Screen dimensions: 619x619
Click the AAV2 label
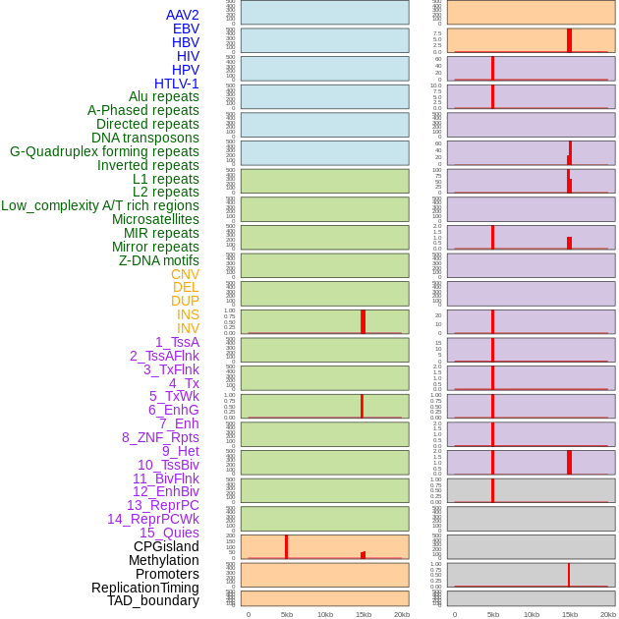[x=182, y=15]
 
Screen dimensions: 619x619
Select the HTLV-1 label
[x=176, y=84]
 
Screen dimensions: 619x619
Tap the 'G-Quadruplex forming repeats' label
[x=104, y=151]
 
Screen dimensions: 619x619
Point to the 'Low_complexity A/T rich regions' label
[x=99, y=205]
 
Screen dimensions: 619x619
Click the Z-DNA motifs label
[x=158, y=260]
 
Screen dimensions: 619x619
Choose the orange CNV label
[x=185, y=274]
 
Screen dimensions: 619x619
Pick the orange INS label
[x=188, y=314]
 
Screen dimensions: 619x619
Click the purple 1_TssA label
[x=177, y=342]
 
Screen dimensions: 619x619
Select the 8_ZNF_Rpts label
[x=160, y=437]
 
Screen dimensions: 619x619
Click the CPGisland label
[x=166, y=546]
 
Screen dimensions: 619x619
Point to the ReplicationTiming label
[x=144, y=588]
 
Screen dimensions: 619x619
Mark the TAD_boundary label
[x=152, y=600]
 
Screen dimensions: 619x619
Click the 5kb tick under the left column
[x=287, y=614]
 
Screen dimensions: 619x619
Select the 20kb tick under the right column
[x=607, y=614]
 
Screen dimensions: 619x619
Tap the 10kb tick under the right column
[x=532, y=614]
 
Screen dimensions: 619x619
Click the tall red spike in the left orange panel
[x=286, y=546]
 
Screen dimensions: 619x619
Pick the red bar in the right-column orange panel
[x=569, y=40]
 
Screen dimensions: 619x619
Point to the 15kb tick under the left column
[x=364, y=614]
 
